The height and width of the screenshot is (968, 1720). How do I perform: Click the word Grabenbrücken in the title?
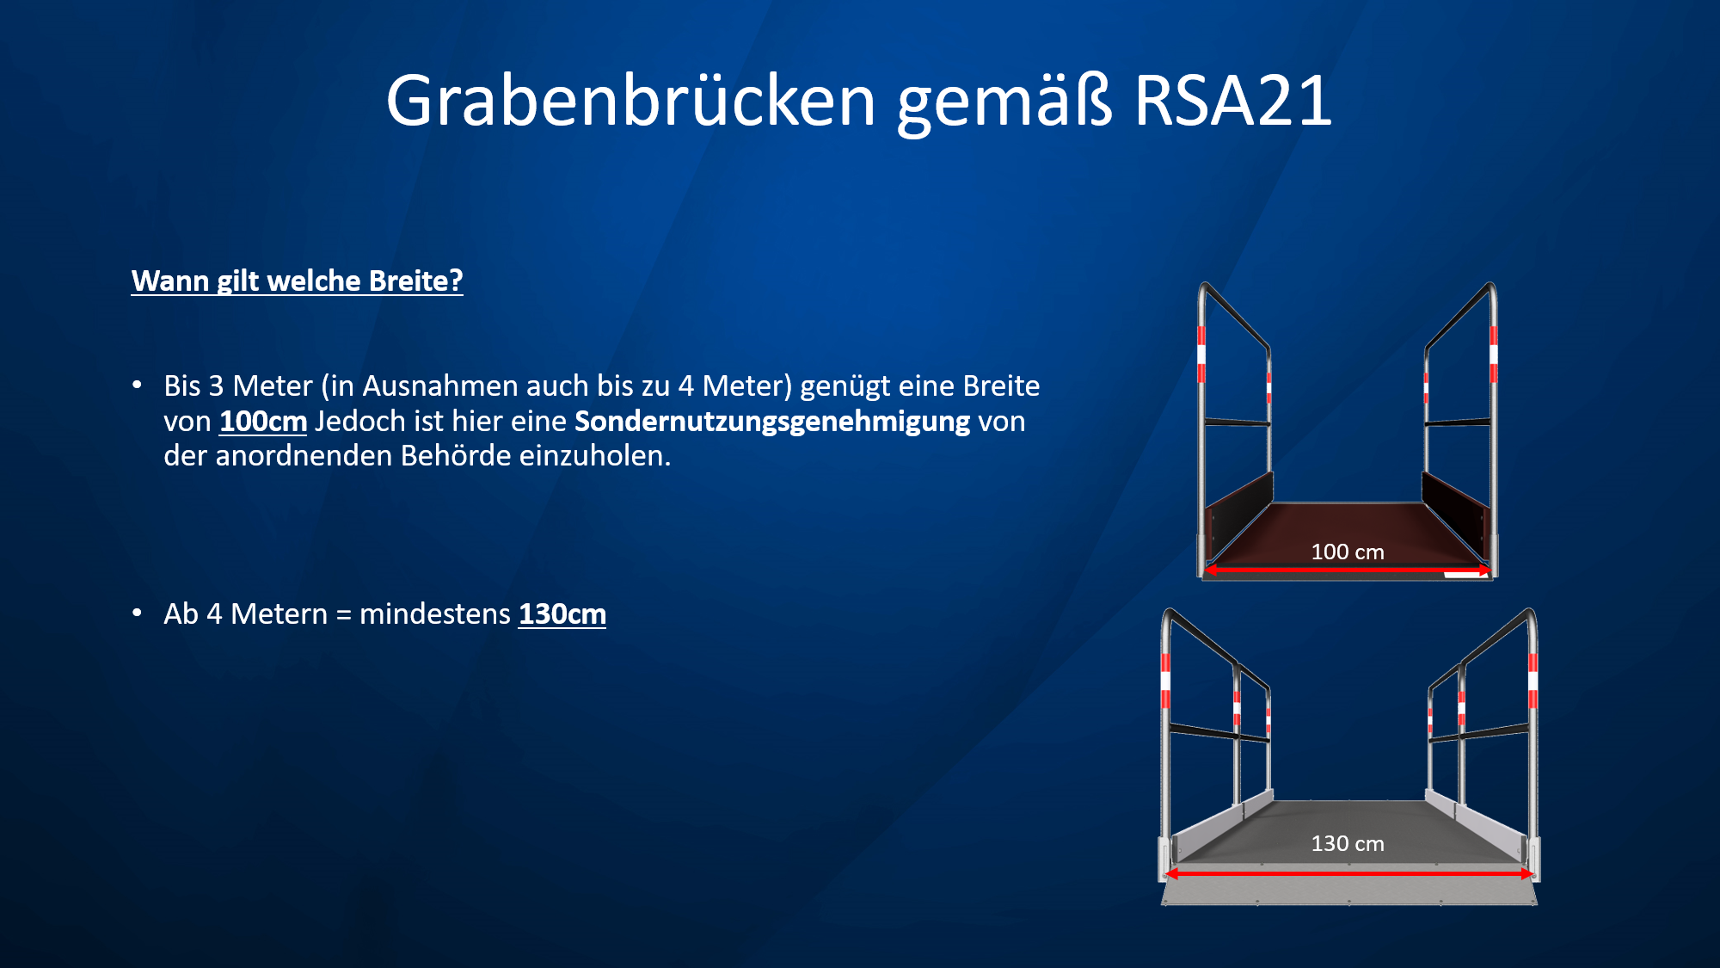[x=630, y=101]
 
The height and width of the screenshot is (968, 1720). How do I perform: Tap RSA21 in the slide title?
[x=1233, y=101]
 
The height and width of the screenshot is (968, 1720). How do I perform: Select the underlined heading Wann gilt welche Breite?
[x=297, y=281]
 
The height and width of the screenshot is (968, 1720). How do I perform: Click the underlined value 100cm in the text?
[x=263, y=422]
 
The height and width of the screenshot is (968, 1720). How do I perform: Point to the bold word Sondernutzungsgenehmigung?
[x=772, y=422]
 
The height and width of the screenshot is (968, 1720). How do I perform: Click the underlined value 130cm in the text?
[x=562, y=614]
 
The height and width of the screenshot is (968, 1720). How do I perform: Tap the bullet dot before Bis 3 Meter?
[x=138, y=385]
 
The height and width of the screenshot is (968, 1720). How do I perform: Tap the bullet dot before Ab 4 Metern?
[x=138, y=613]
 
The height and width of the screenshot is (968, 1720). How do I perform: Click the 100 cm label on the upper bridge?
[x=1348, y=552]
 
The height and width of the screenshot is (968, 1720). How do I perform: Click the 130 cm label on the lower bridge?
[x=1348, y=843]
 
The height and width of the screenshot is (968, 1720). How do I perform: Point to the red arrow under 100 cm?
[x=1348, y=570]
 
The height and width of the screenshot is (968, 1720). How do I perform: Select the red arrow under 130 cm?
[x=1348, y=873]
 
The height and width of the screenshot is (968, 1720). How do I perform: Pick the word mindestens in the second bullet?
[x=435, y=614]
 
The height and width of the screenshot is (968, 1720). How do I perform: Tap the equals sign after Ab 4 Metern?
[x=344, y=615]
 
